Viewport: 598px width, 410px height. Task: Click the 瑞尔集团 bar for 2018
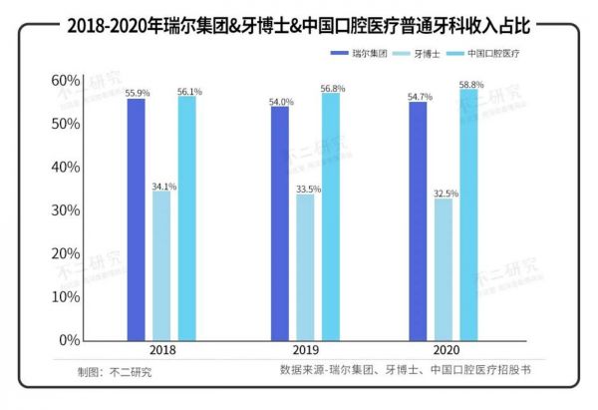click(136, 219)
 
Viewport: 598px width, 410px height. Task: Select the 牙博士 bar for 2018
click(161, 266)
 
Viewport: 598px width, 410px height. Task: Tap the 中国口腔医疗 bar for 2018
click(187, 218)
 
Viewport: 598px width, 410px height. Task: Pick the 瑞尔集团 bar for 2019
click(280, 223)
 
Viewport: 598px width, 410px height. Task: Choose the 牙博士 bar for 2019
click(305, 267)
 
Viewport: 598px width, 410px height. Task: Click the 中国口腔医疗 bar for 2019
click(331, 216)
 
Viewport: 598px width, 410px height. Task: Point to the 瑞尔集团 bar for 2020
click(418, 221)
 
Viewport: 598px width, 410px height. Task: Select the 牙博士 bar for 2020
click(443, 270)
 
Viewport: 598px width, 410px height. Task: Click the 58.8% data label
click(471, 85)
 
